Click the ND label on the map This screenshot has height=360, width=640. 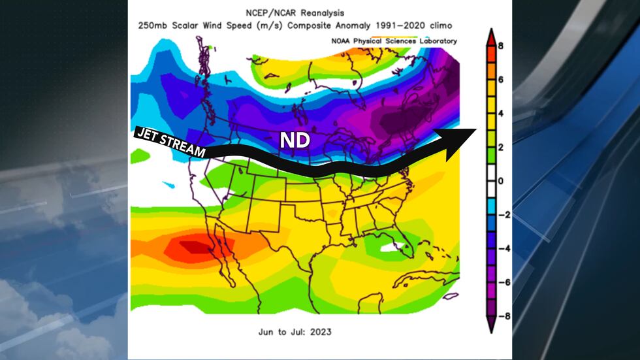295,140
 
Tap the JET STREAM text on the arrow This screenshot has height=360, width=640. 170,142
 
